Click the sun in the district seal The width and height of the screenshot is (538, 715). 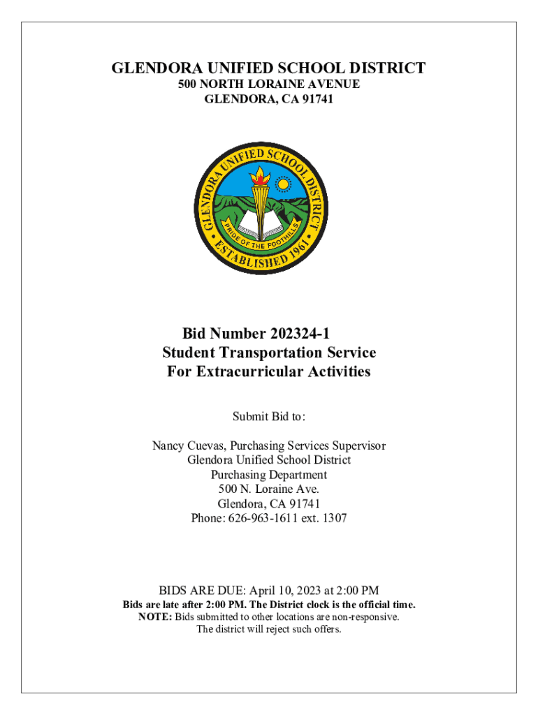tap(284, 184)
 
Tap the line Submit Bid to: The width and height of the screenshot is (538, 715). tap(269, 417)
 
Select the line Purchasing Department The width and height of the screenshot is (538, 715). tap(269, 475)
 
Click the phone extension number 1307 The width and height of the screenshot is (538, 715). tap(333, 518)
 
